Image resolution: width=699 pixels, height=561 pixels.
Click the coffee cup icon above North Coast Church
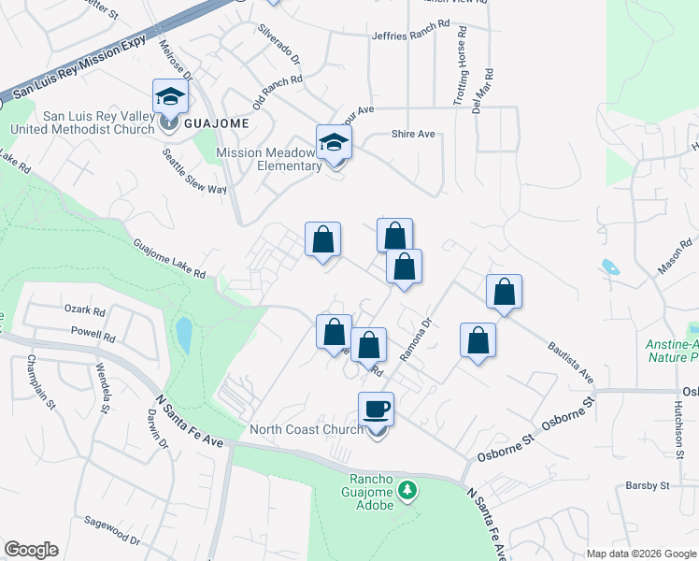(x=376, y=410)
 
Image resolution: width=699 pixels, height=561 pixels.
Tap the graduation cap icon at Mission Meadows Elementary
(x=334, y=143)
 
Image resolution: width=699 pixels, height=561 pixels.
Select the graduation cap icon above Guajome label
(x=170, y=96)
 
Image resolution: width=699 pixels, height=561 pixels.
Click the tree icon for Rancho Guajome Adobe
(x=407, y=489)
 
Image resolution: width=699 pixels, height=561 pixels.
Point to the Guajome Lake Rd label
(x=169, y=259)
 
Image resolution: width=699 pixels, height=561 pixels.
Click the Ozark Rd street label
(x=85, y=308)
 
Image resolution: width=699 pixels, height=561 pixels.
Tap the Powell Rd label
(x=93, y=335)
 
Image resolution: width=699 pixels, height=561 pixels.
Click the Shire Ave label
(x=413, y=134)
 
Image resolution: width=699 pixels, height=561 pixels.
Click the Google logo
(x=31, y=550)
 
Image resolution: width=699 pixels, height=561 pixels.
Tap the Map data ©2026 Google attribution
(x=640, y=554)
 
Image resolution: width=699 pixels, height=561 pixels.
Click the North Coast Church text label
(x=307, y=430)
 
